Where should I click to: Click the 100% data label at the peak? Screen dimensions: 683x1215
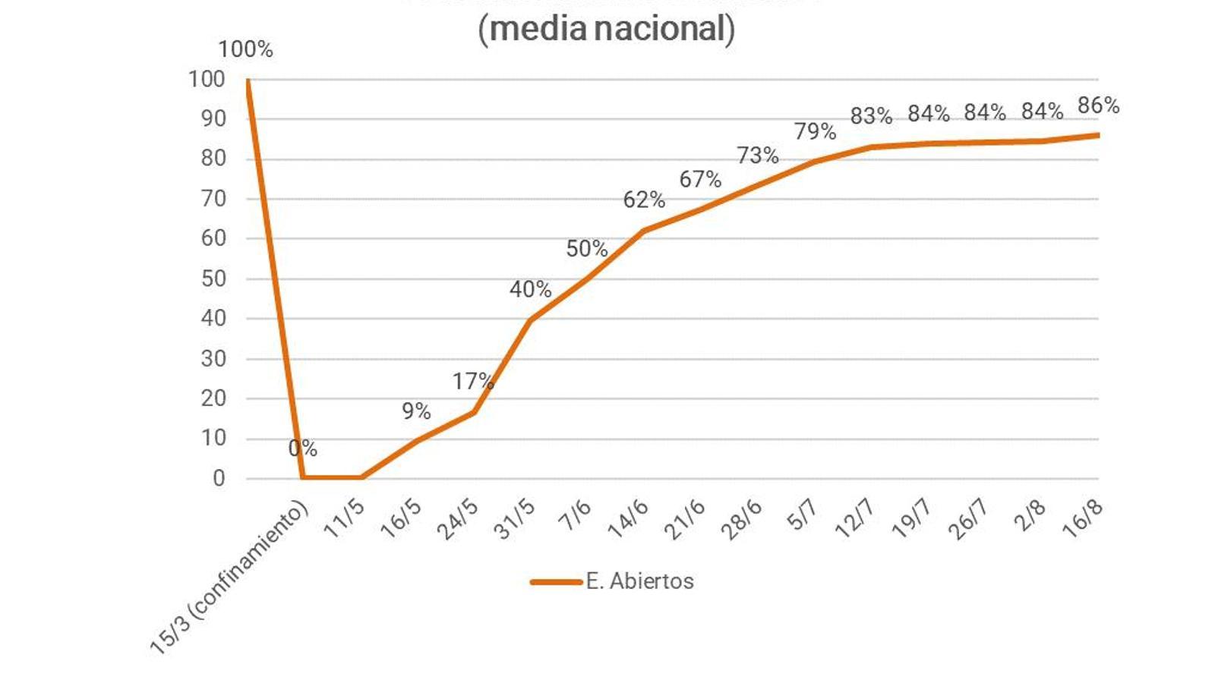245,50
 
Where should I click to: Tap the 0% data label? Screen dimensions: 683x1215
302,449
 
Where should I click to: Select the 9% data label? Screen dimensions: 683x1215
416,411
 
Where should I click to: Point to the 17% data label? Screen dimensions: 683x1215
473,381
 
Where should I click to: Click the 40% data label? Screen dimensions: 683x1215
530,289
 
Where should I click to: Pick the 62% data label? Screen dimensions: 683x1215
644,200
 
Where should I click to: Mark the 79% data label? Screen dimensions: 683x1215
815,131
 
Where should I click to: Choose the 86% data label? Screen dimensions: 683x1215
1098,105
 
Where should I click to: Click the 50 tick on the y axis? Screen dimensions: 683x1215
213,279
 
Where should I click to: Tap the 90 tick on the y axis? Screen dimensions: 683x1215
213,118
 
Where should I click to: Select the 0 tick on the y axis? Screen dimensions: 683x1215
219,478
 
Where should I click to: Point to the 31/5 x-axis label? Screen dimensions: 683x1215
516,520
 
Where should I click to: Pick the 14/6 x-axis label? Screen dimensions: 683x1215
629,520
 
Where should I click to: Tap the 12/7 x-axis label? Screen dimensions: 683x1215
855,520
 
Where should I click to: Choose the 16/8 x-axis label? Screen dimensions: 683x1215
1083,520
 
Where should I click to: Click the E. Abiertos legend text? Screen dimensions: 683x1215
639,581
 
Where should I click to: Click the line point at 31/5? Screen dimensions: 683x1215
530,319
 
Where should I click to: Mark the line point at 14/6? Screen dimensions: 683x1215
644,231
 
